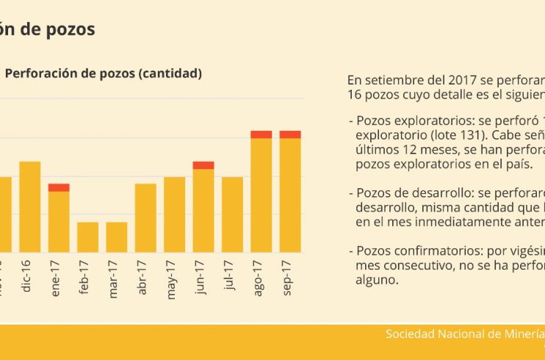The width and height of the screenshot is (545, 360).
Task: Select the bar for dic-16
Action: click(30, 206)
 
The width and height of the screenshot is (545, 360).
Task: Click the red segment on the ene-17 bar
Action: click(59, 187)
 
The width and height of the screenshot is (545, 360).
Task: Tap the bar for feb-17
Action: click(87, 237)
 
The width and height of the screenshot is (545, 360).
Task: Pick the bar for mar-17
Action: click(116, 237)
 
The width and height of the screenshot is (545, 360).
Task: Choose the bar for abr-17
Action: click(145, 217)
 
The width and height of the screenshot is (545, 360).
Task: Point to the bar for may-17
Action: click(174, 214)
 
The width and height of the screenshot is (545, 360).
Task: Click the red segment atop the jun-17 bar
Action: click(203, 165)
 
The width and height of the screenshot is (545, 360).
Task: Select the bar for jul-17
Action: click(232, 214)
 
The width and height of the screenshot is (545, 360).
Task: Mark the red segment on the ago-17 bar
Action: click(261, 134)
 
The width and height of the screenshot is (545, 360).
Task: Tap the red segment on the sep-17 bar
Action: click(290, 134)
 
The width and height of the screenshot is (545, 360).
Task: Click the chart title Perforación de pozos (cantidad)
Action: click(103, 73)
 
